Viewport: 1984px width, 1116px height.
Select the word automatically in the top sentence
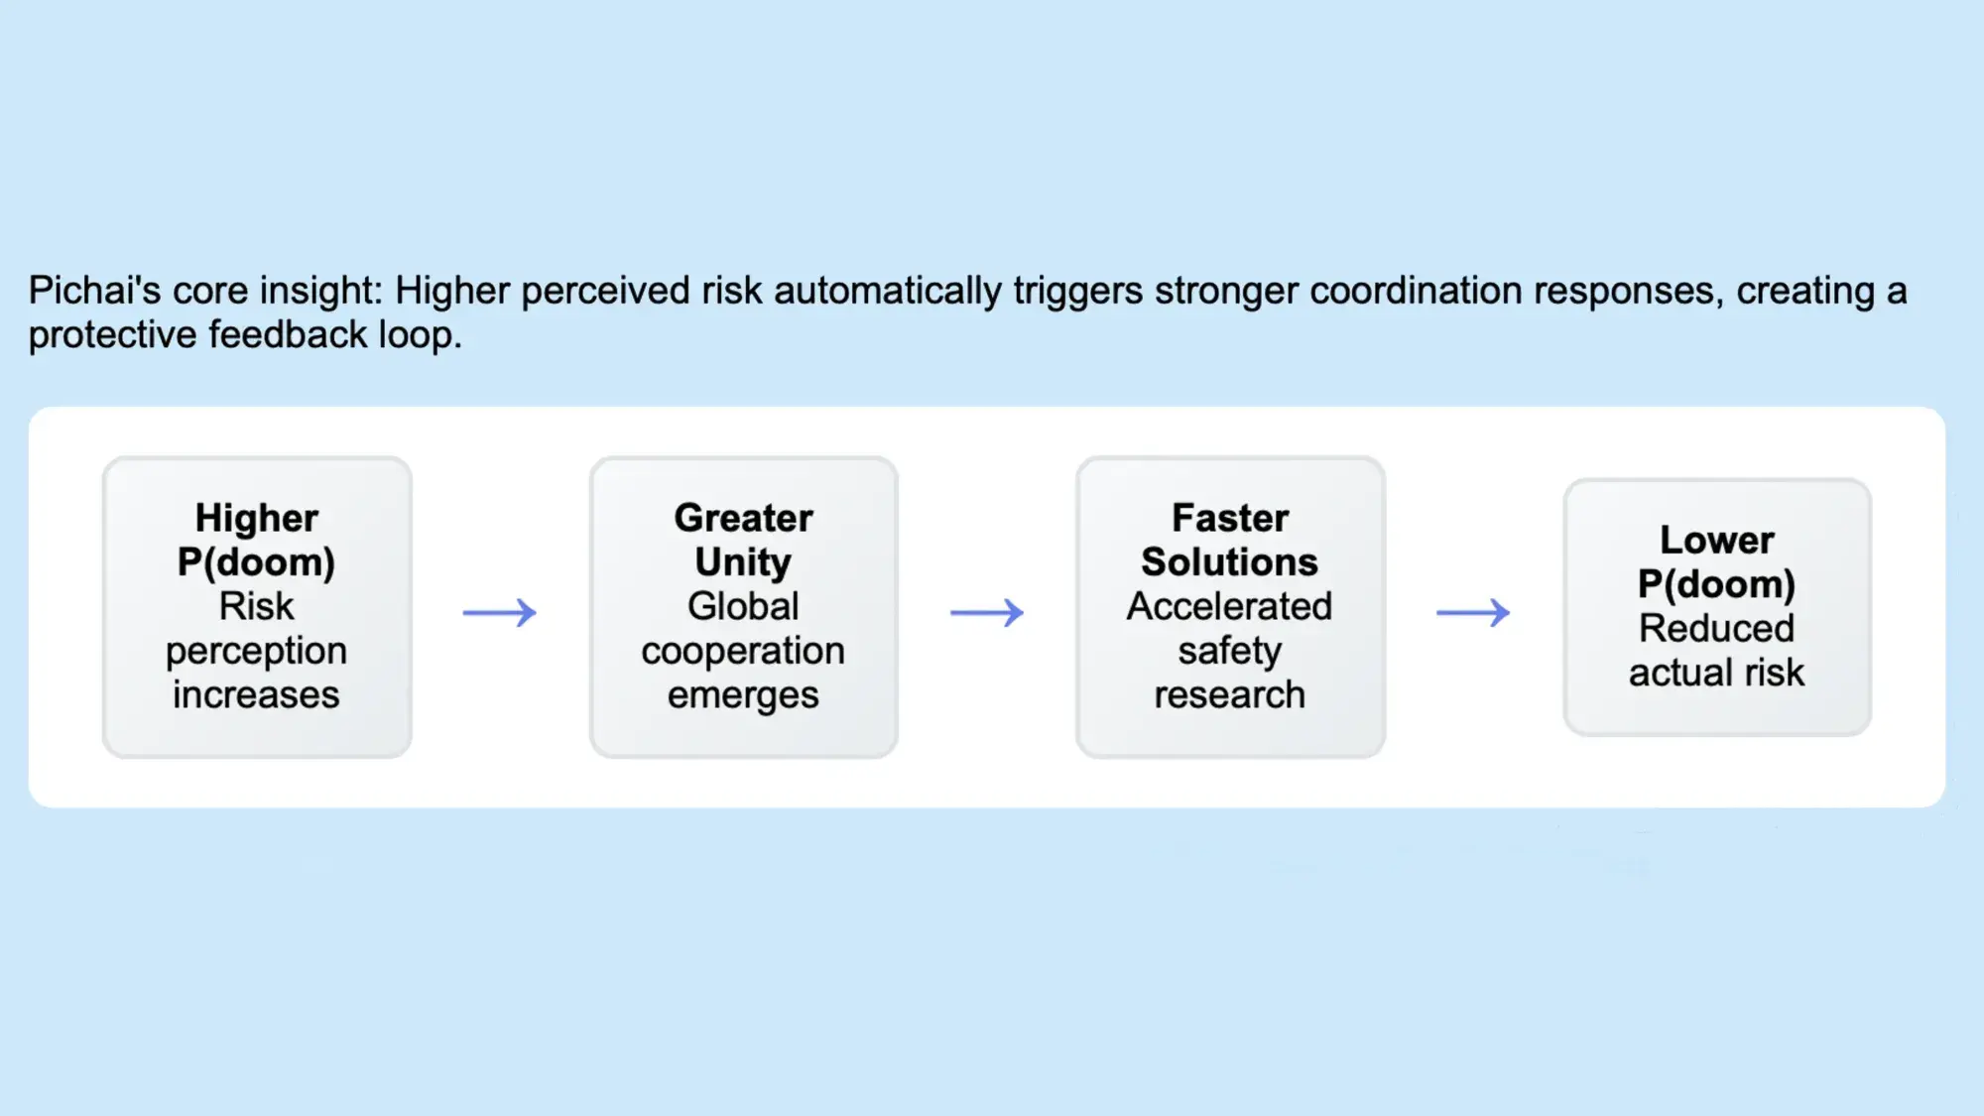click(888, 292)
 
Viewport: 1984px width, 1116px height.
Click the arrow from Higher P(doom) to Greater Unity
click(500, 612)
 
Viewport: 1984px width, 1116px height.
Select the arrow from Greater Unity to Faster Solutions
click(987, 612)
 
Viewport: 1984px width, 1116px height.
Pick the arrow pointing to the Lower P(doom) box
click(1473, 612)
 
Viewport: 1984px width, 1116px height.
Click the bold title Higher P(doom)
click(257, 540)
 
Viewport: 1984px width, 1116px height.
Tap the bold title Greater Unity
click(743, 540)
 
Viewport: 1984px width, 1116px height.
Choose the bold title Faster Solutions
click(1230, 540)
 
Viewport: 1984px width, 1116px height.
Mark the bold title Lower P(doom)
click(1717, 561)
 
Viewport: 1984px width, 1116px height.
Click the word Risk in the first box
click(257, 606)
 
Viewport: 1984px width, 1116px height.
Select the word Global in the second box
click(743, 606)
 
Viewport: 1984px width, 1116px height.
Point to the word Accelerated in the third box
click(1230, 606)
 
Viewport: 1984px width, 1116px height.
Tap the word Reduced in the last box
click(1717, 628)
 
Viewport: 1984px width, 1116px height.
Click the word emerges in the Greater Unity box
click(743, 695)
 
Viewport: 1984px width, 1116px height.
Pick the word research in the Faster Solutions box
click(1230, 694)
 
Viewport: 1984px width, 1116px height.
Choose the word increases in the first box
click(257, 694)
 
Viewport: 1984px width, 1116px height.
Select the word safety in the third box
click(1230, 652)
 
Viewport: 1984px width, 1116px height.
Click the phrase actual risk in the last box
click(1717, 673)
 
